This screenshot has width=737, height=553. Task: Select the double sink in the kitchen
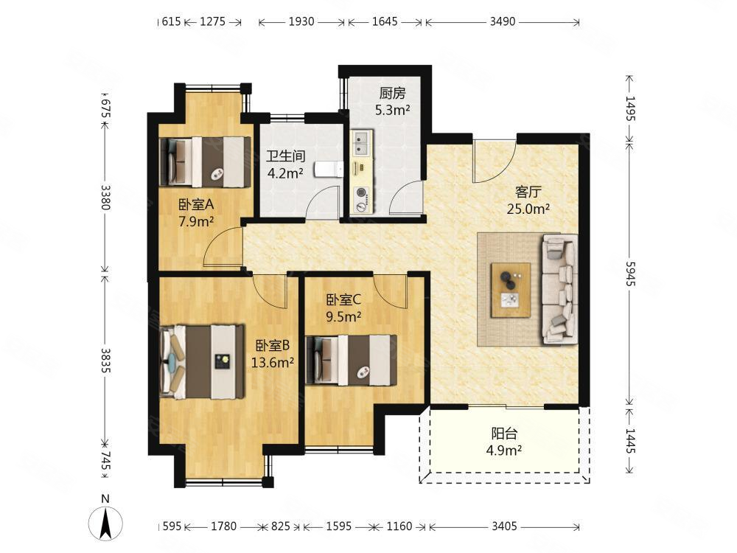point(362,144)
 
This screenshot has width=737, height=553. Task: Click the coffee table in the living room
point(511,290)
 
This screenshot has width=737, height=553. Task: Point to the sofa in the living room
point(560,289)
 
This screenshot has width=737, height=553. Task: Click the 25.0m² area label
point(528,209)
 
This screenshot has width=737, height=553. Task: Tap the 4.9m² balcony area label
point(504,451)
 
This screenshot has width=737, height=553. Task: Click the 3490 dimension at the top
point(503,21)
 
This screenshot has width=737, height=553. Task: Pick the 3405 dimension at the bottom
point(504,526)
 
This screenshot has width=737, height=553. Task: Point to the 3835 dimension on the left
point(105,361)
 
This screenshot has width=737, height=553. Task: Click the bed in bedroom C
point(351,361)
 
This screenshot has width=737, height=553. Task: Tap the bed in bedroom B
point(202,361)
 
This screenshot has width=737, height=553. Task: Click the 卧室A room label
point(196,204)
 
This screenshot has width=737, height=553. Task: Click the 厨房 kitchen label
point(392,94)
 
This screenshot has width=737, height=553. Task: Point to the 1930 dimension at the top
point(301,21)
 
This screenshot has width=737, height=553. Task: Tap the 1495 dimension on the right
point(630,108)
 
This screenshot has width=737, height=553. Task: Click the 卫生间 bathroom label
point(286,156)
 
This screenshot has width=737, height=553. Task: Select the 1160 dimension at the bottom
point(399,526)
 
